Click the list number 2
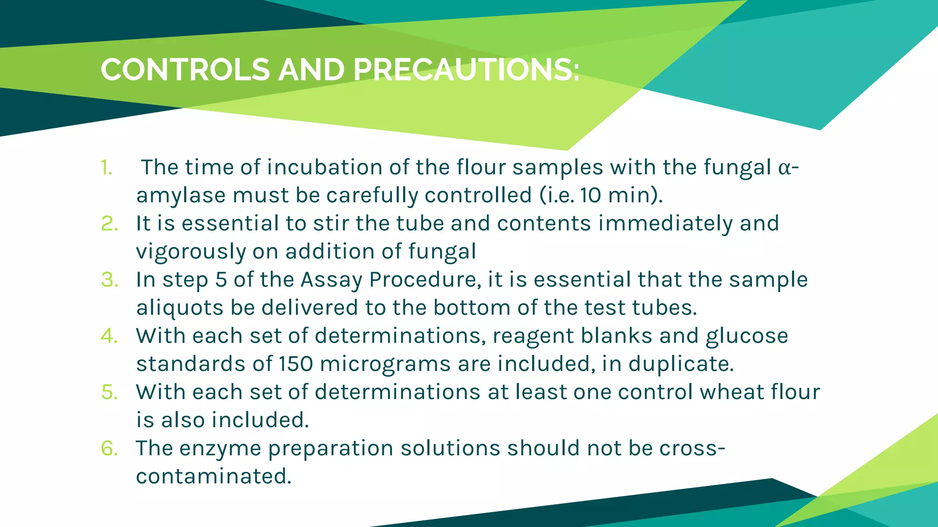tap(109, 224)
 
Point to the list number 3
tap(109, 280)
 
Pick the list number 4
tap(109, 336)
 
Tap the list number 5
tap(109, 393)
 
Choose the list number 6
tap(109, 449)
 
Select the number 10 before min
tap(590, 196)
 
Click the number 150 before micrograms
tap(296, 364)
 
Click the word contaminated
tap(213, 477)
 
